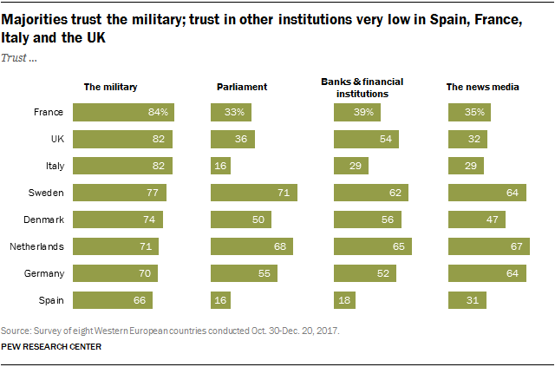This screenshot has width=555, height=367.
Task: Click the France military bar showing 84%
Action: coord(124,112)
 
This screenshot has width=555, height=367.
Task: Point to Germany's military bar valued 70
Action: coord(115,273)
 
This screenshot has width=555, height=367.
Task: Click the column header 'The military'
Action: coord(110,87)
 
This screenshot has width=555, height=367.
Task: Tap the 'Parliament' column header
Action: coord(241,87)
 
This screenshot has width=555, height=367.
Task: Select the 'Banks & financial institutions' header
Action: coord(362,87)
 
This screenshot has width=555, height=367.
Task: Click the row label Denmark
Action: coord(45,220)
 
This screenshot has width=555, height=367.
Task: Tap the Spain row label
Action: coord(51,300)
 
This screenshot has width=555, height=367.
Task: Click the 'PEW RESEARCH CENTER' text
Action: coord(52,347)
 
